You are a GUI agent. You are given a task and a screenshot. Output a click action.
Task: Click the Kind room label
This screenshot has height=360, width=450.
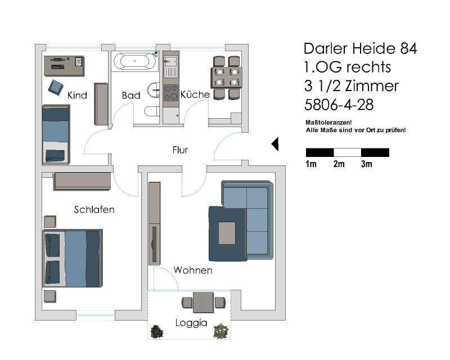click(x=77, y=95)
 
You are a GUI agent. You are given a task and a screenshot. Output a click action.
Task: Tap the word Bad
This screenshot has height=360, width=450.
click(x=131, y=96)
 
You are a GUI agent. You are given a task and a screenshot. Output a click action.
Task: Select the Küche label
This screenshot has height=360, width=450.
click(x=195, y=94)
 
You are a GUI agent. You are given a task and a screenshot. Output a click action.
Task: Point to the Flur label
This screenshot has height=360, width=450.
click(x=180, y=150)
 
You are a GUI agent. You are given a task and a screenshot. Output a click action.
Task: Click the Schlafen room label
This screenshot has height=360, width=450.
click(x=94, y=210)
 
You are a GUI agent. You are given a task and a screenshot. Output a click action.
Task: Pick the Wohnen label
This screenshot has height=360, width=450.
click(x=193, y=271)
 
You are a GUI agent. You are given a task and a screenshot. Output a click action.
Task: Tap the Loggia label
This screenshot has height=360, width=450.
click(x=191, y=323)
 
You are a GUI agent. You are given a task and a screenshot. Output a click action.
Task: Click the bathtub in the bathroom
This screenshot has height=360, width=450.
click(x=134, y=61)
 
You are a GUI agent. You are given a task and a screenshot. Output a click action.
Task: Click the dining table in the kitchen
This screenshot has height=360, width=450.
click(x=227, y=78)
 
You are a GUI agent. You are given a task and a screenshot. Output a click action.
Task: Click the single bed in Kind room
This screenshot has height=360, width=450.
click(x=56, y=134)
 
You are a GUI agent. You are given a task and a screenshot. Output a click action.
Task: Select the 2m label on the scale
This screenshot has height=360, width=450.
click(x=339, y=164)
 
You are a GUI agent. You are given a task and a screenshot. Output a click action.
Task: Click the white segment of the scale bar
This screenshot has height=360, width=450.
click(x=347, y=152)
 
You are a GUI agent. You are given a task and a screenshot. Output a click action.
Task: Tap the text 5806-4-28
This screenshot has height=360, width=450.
click(x=339, y=105)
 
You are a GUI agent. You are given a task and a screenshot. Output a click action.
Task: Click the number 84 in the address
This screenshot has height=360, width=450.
click(x=407, y=48)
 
